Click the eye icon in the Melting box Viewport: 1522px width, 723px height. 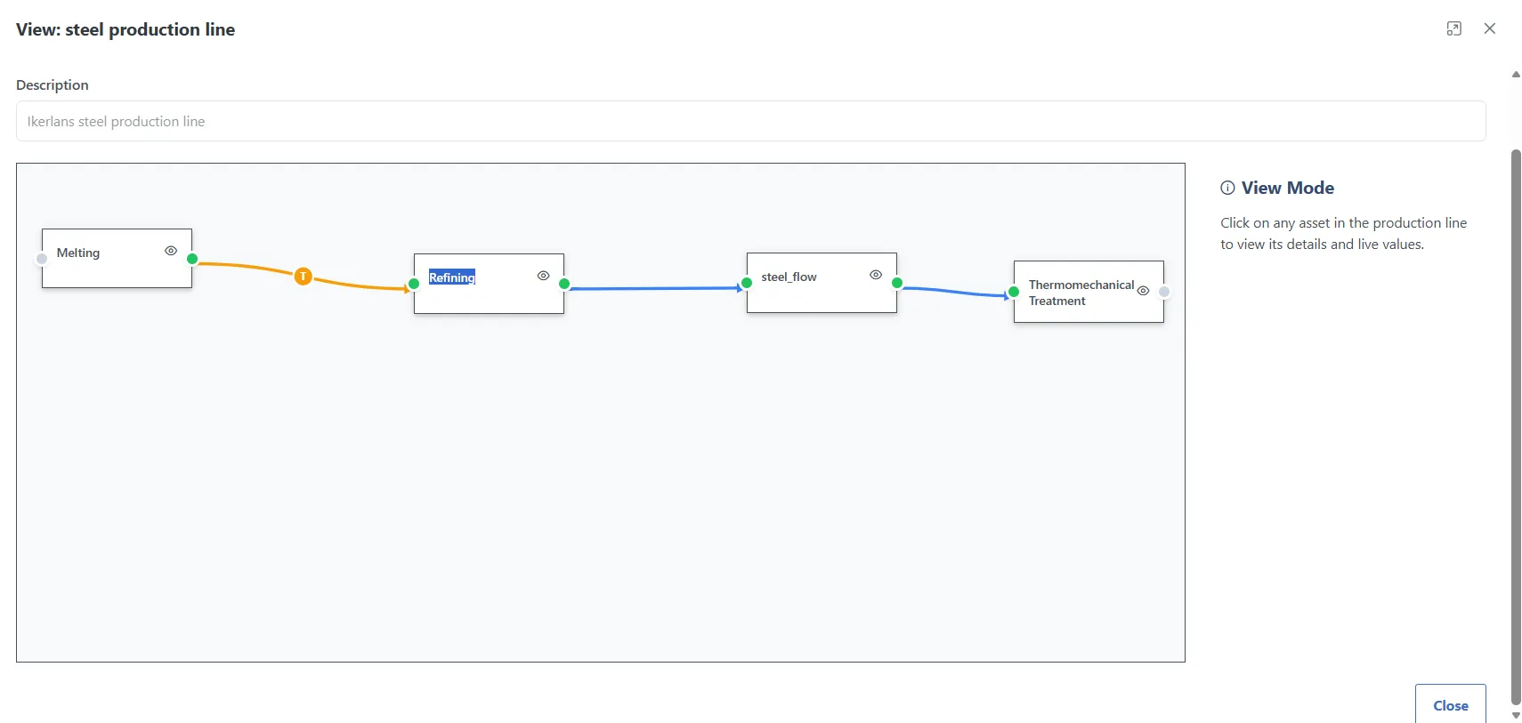(171, 251)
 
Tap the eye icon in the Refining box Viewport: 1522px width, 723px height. (543, 276)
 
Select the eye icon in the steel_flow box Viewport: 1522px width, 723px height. (875, 275)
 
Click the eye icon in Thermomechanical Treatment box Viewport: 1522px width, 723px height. (1143, 291)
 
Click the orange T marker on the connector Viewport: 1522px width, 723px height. (303, 277)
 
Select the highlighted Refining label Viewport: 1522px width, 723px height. (452, 277)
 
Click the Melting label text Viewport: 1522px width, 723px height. (78, 253)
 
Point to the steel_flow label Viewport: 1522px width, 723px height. (789, 277)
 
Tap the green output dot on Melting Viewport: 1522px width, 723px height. (192, 259)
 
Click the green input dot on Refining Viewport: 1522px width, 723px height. (414, 284)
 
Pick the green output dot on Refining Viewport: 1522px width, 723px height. (564, 284)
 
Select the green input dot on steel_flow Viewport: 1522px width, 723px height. (747, 283)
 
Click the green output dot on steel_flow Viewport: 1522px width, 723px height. (897, 283)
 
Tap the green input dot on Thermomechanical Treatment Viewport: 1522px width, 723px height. (1014, 292)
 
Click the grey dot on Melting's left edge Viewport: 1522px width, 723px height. (42, 259)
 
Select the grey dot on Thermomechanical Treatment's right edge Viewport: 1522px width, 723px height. (1164, 292)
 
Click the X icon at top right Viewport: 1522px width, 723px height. (1489, 28)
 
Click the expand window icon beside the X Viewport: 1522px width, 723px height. (1454, 28)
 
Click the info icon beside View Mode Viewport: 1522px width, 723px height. (1227, 188)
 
